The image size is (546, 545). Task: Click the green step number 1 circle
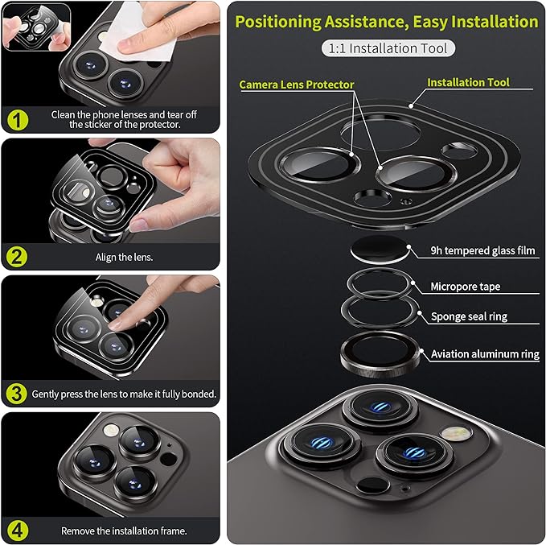[x=18, y=120]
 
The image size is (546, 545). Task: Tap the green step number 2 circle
[x=17, y=257]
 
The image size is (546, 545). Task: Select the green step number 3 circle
[x=16, y=394]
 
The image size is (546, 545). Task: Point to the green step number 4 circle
[x=18, y=531]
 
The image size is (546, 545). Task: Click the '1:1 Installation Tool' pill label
[x=388, y=48]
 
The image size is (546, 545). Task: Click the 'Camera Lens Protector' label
[x=297, y=85]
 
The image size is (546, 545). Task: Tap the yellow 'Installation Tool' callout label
[x=468, y=83]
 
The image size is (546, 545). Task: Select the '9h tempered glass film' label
[x=482, y=250]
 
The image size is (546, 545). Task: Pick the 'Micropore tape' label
[x=466, y=287]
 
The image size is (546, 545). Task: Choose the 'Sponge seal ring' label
[x=469, y=316]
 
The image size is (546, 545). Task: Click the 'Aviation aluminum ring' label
[x=485, y=354]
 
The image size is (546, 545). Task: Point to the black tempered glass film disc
[x=380, y=250]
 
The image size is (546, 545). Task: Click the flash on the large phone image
[x=458, y=433]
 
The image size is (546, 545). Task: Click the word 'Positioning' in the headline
[x=278, y=22]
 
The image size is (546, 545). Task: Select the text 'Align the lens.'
[x=124, y=258]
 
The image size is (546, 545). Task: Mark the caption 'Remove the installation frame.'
[x=124, y=531]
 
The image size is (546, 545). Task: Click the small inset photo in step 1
[x=36, y=27]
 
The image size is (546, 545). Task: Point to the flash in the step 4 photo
[x=111, y=430]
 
